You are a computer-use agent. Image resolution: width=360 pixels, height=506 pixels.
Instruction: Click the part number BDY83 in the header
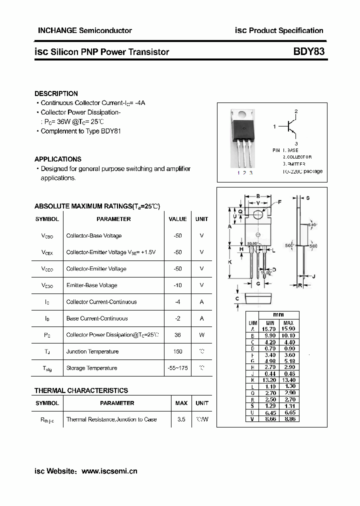pos(308,51)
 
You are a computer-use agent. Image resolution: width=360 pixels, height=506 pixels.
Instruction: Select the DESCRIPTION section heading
pos(56,93)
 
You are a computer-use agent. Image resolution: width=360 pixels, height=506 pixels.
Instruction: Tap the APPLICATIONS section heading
pos(57,159)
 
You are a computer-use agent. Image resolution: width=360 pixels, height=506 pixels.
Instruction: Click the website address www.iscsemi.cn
pos(109,471)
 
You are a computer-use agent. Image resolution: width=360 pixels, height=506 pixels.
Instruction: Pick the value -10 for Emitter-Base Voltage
pos(177,285)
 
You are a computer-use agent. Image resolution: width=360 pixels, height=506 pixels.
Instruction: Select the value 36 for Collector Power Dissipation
pos(177,335)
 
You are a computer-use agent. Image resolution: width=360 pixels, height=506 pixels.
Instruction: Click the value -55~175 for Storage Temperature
pos(177,368)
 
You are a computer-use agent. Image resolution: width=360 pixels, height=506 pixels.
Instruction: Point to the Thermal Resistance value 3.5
pos(181,419)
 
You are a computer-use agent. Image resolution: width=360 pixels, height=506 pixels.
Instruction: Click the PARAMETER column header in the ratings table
pos(113,219)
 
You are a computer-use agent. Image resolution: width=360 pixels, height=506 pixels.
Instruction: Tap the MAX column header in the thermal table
pos(181,403)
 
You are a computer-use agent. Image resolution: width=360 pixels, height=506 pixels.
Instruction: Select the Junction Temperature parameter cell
pos(92,351)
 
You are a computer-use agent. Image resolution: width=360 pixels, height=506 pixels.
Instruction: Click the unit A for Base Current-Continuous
pos(201,318)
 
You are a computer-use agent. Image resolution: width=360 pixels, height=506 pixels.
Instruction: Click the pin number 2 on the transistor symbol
pos(296,111)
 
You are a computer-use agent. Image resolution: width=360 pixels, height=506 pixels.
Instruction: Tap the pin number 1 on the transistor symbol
pos(274,127)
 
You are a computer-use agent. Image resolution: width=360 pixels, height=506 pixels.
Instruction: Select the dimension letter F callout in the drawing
pos(279,201)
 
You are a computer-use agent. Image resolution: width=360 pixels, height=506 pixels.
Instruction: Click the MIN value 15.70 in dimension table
pos(270,329)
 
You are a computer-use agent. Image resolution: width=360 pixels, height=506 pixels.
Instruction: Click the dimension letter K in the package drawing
pos(229,262)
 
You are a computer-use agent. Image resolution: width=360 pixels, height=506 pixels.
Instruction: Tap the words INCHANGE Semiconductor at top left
pos(85,30)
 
